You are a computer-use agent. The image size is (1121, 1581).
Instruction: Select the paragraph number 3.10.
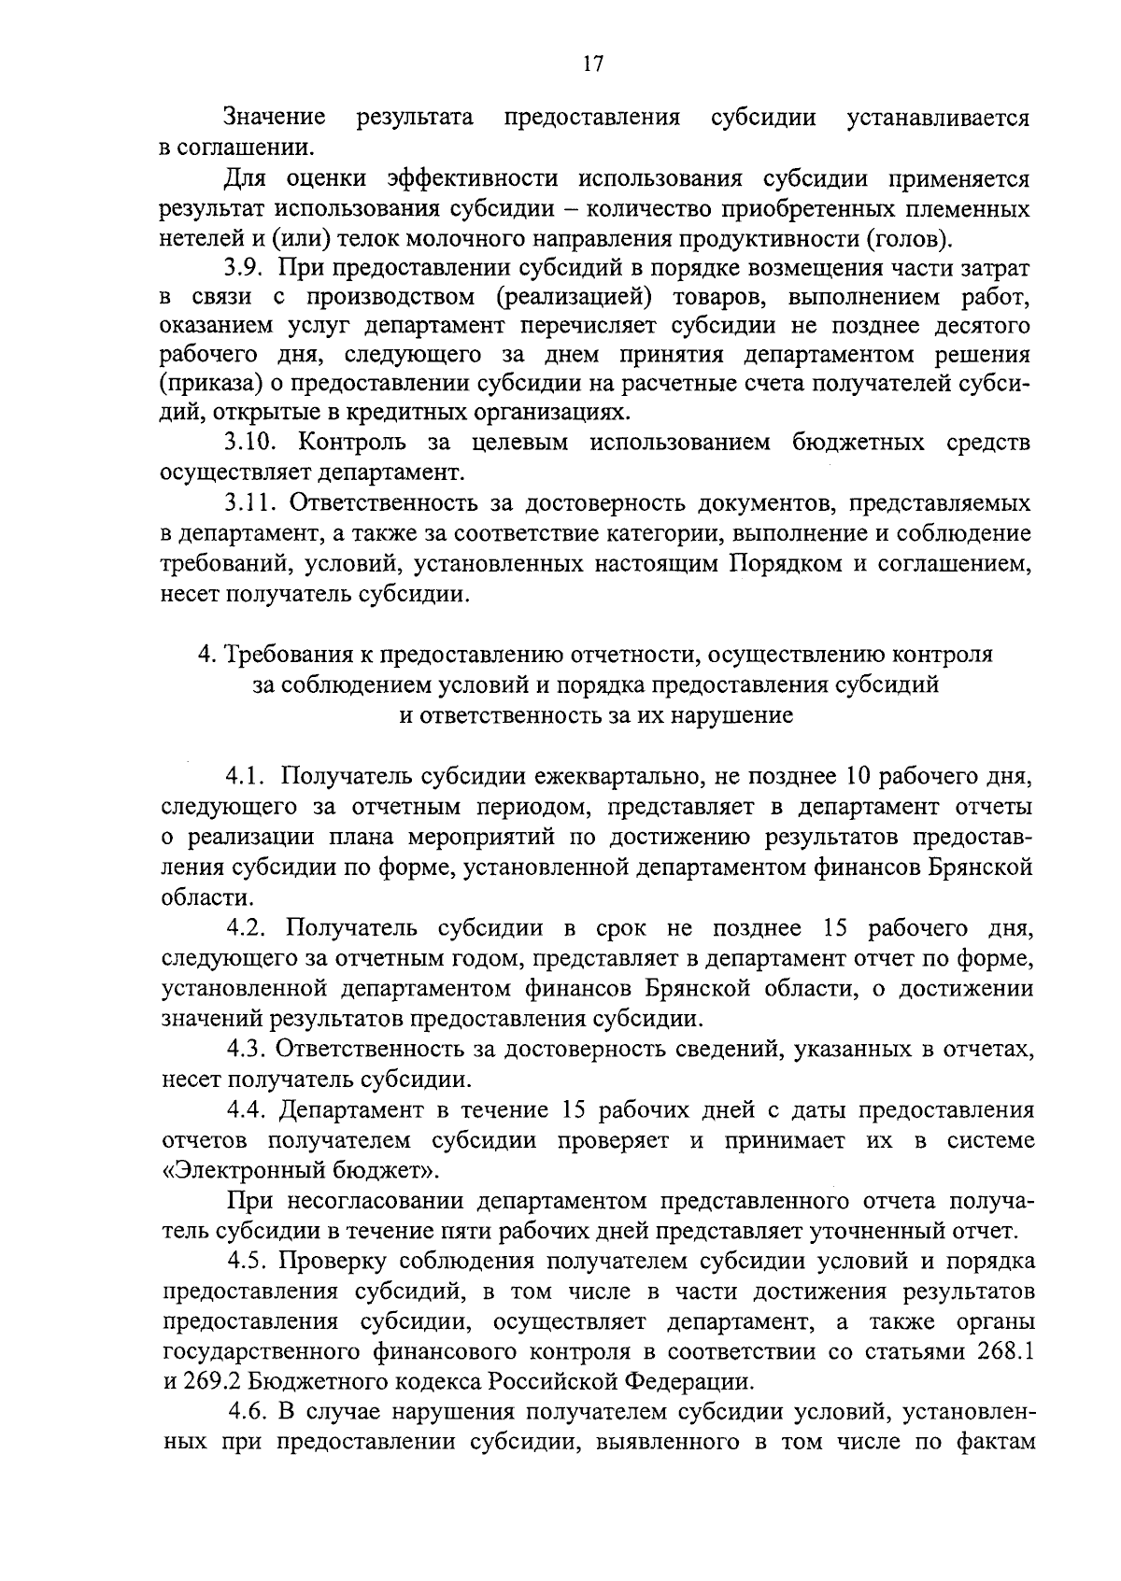251,443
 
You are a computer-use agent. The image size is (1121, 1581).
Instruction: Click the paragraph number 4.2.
248,928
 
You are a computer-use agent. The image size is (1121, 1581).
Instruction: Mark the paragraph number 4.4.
248,1110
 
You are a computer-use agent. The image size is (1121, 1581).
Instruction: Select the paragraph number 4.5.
248,1262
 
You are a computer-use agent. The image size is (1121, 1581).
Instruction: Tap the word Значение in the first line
275,118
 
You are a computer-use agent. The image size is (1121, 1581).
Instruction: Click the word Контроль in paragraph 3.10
348,443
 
